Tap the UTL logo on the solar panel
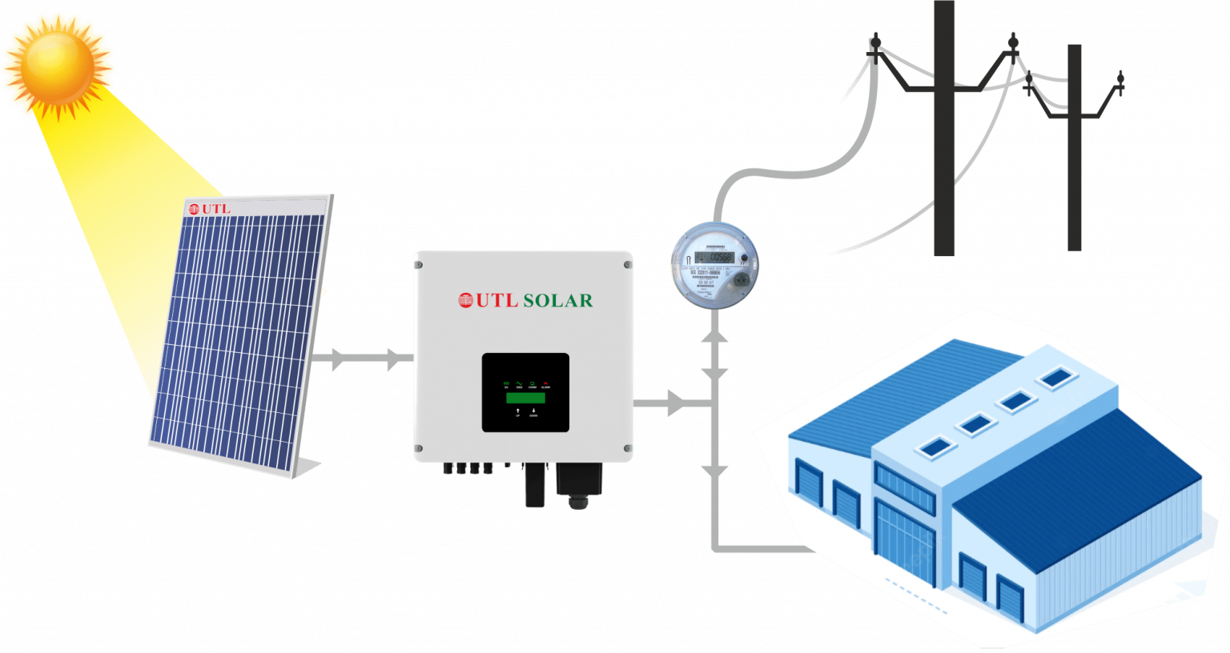pyautogui.click(x=209, y=209)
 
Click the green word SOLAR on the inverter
pyautogui.click(x=557, y=301)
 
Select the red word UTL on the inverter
pyautogui.click(x=496, y=301)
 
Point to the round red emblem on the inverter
pyautogui.click(x=466, y=301)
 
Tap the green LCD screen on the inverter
pyautogui.click(x=525, y=398)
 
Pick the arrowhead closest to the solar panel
pyautogui.click(x=338, y=360)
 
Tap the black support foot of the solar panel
pyautogui.click(x=308, y=468)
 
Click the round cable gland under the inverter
pyautogui.click(x=577, y=501)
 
